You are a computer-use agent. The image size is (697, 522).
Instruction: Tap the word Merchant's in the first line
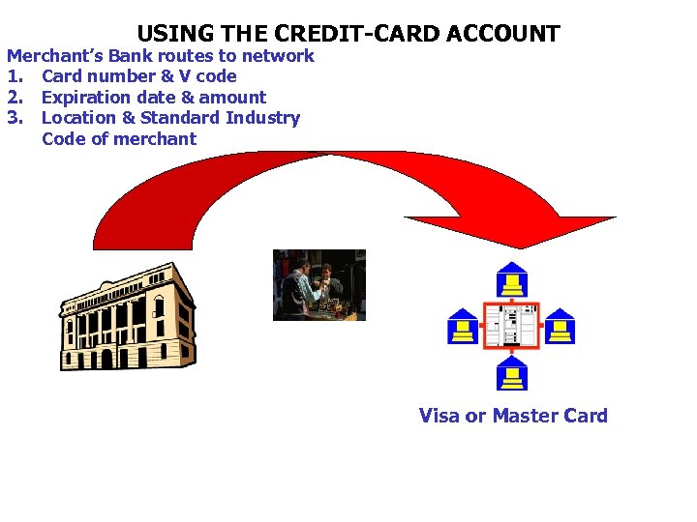(x=56, y=56)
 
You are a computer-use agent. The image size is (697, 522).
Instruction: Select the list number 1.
(x=14, y=76)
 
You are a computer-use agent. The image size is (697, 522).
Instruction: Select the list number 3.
(x=14, y=118)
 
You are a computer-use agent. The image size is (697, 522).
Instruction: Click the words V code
(x=205, y=76)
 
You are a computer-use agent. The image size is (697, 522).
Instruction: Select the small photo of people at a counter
(x=318, y=284)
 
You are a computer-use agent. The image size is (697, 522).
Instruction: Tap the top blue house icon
(x=511, y=279)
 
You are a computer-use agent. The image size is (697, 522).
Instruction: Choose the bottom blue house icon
(x=511, y=372)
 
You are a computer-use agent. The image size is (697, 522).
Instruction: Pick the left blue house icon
(x=463, y=327)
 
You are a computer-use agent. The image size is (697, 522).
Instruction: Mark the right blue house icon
(x=559, y=327)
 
